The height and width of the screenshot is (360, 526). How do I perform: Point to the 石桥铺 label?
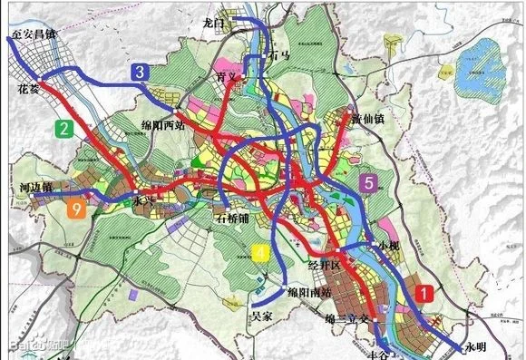238,218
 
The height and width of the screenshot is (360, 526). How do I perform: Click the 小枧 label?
388,246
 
